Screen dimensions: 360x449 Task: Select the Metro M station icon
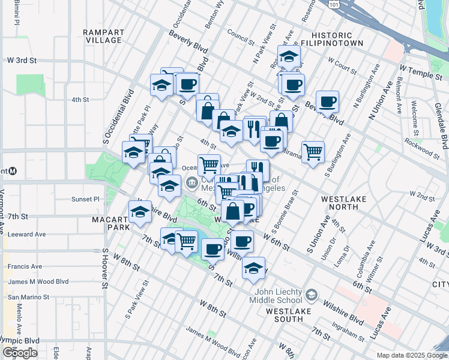coord(12,171)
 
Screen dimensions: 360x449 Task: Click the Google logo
coord(20,353)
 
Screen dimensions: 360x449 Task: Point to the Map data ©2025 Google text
coord(412,355)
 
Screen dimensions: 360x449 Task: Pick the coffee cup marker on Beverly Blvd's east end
coord(327,101)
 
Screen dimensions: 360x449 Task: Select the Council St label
coord(242,38)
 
